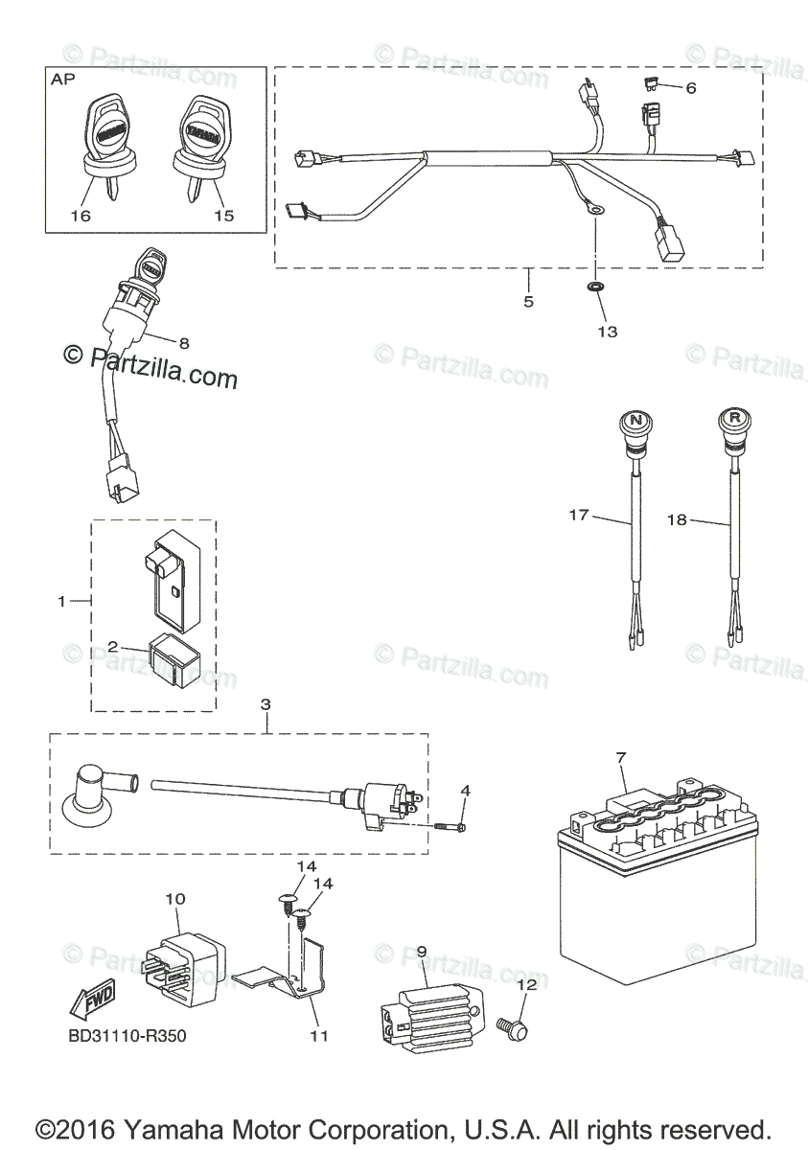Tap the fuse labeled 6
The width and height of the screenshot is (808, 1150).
coord(652,85)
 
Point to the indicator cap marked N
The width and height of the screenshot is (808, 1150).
coord(634,422)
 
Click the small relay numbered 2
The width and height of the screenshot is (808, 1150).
coord(179,660)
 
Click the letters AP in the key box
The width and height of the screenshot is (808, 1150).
coord(64,83)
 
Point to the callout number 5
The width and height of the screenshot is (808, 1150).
coord(528,301)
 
